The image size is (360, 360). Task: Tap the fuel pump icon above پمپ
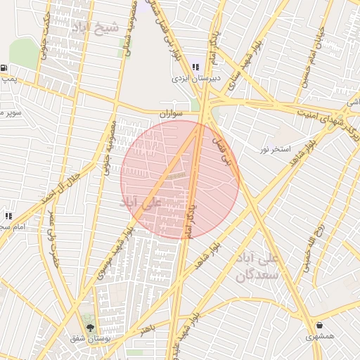pyautogui.click(x=5, y=68)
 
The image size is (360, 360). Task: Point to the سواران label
pyautogui.click(x=171, y=112)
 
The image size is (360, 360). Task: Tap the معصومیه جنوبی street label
pyautogui.click(x=109, y=143)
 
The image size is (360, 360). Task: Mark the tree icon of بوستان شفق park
pyautogui.click(x=89, y=326)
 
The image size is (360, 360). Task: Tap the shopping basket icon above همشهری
pyautogui.click(x=321, y=326)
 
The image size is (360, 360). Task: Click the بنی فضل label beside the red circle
pyautogui.click(x=221, y=150)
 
